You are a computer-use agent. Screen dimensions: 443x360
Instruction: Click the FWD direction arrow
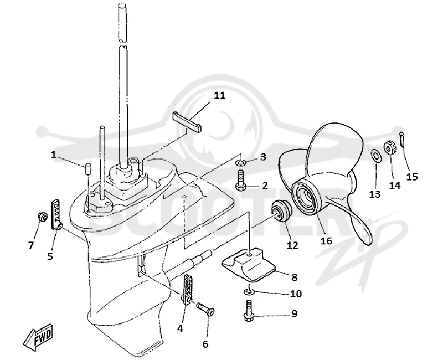pos(38,337)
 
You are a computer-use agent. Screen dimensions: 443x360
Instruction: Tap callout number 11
pos(219,95)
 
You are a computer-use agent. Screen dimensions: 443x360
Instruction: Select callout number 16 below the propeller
pos(326,240)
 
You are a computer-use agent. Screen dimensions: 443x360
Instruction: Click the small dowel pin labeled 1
pos(88,169)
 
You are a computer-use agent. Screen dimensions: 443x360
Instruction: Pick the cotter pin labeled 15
pos(402,140)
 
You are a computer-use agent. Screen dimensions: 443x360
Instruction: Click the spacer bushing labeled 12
pos(281,211)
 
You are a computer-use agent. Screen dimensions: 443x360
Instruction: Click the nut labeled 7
pos(42,217)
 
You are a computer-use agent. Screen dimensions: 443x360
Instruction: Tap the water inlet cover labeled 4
pos(187,289)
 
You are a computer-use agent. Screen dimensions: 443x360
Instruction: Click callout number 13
pos(375,194)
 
